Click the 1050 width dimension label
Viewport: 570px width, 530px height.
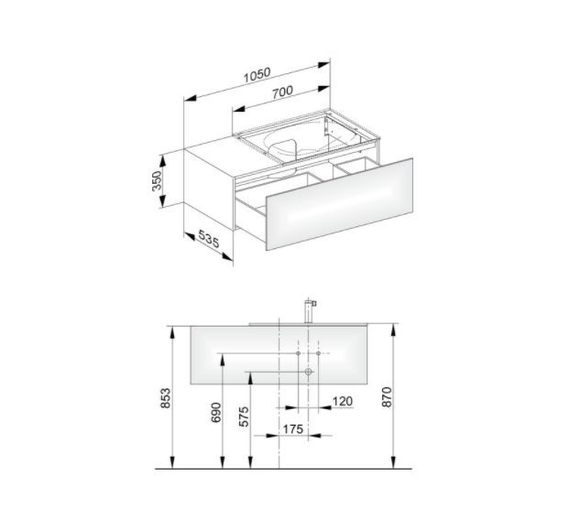click(x=257, y=75)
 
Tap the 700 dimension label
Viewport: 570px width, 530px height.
click(x=282, y=92)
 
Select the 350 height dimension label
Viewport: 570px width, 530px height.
click(x=157, y=180)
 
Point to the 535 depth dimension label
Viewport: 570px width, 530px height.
click(x=209, y=239)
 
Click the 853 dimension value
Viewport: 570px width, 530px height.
click(x=165, y=398)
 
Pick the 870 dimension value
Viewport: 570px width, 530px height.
click(x=387, y=397)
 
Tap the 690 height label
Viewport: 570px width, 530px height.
click(x=216, y=413)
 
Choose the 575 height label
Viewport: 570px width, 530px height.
click(x=244, y=416)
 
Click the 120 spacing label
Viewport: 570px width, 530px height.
click(x=343, y=401)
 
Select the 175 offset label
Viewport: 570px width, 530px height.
click(x=293, y=429)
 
